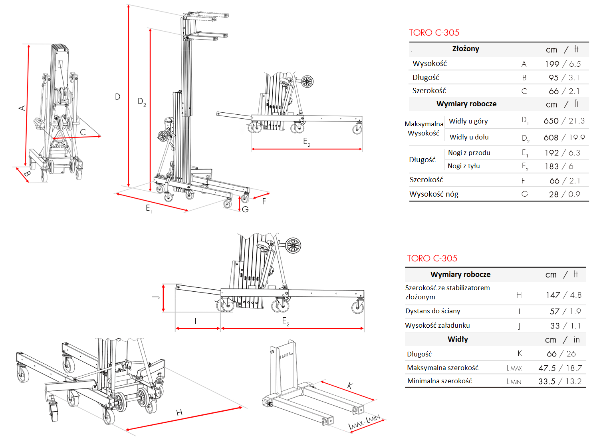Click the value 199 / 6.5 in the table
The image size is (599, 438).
click(x=563, y=64)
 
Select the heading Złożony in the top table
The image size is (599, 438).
click(x=466, y=49)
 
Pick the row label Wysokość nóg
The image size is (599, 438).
click(x=434, y=194)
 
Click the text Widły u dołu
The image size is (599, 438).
click(x=469, y=137)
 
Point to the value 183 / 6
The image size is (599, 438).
click(x=559, y=166)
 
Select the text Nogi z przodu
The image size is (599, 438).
click(x=469, y=153)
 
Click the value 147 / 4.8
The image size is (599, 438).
click(x=563, y=295)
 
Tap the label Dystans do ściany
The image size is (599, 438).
click(x=432, y=311)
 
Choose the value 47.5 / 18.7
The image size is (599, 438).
click(x=560, y=368)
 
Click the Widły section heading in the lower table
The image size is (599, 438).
click(x=458, y=339)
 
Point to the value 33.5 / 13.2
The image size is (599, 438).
click(x=560, y=381)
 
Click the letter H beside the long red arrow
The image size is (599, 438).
click(x=179, y=412)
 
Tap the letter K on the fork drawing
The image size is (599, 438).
click(x=350, y=386)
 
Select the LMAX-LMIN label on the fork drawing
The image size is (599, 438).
click(x=364, y=422)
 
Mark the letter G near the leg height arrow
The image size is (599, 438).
click(x=245, y=209)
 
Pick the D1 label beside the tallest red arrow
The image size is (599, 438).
click(x=119, y=97)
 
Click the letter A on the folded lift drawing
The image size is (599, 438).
click(x=22, y=108)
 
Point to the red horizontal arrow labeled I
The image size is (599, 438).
click(x=198, y=328)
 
